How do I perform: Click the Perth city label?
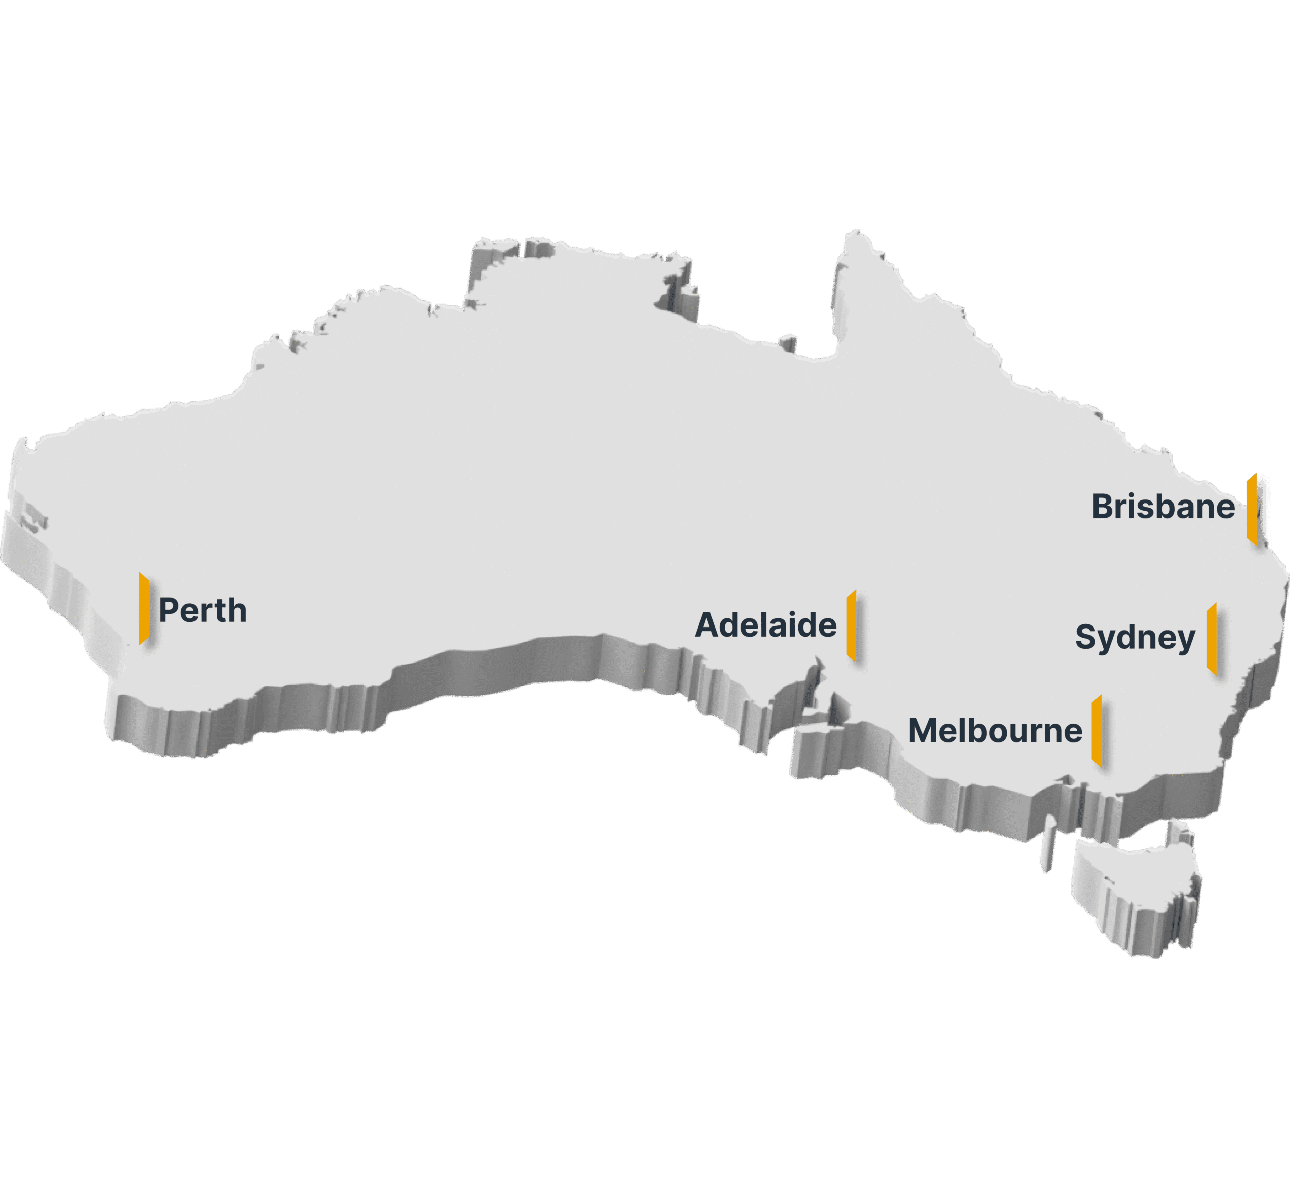pyautogui.click(x=203, y=610)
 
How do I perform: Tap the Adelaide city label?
pyautogui.click(x=765, y=625)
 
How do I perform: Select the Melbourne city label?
pyautogui.click(x=994, y=731)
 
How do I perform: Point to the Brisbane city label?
pyautogui.click(x=1163, y=507)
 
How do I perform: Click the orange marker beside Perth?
pyautogui.click(x=144, y=608)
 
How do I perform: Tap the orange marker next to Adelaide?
pyautogui.click(x=851, y=625)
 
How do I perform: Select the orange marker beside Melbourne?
pyautogui.click(x=1096, y=730)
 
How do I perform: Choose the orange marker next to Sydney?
pyautogui.click(x=1211, y=639)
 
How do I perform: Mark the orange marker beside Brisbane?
pyautogui.click(x=1251, y=509)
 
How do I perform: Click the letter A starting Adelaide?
pyautogui.click(x=707, y=625)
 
